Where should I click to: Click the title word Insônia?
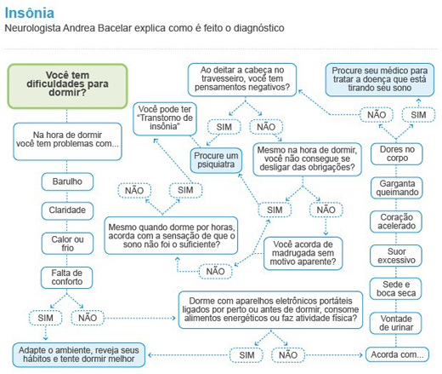point(30,13)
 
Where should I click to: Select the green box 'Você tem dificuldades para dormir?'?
point(67,86)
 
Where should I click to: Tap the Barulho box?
point(67,181)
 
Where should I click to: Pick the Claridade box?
point(67,210)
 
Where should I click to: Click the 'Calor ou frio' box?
point(67,244)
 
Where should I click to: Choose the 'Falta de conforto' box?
point(67,278)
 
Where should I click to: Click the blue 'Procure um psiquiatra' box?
point(216,160)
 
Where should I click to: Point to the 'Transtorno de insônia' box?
point(165,118)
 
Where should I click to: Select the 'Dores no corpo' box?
point(397,153)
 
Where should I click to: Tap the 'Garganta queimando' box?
point(397,187)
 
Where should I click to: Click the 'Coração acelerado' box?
point(396,222)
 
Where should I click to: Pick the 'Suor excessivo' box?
point(396,256)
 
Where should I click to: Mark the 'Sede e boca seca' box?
point(396,289)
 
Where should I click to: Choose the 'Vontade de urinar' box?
point(396,323)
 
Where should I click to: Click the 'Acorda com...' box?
point(397,354)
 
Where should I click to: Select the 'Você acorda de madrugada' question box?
point(303,253)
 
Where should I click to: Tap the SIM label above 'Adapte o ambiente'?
point(46,318)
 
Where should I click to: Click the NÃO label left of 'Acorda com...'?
point(288,355)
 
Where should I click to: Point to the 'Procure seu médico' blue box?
point(380,79)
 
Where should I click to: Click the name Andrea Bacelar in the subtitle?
point(98,28)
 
